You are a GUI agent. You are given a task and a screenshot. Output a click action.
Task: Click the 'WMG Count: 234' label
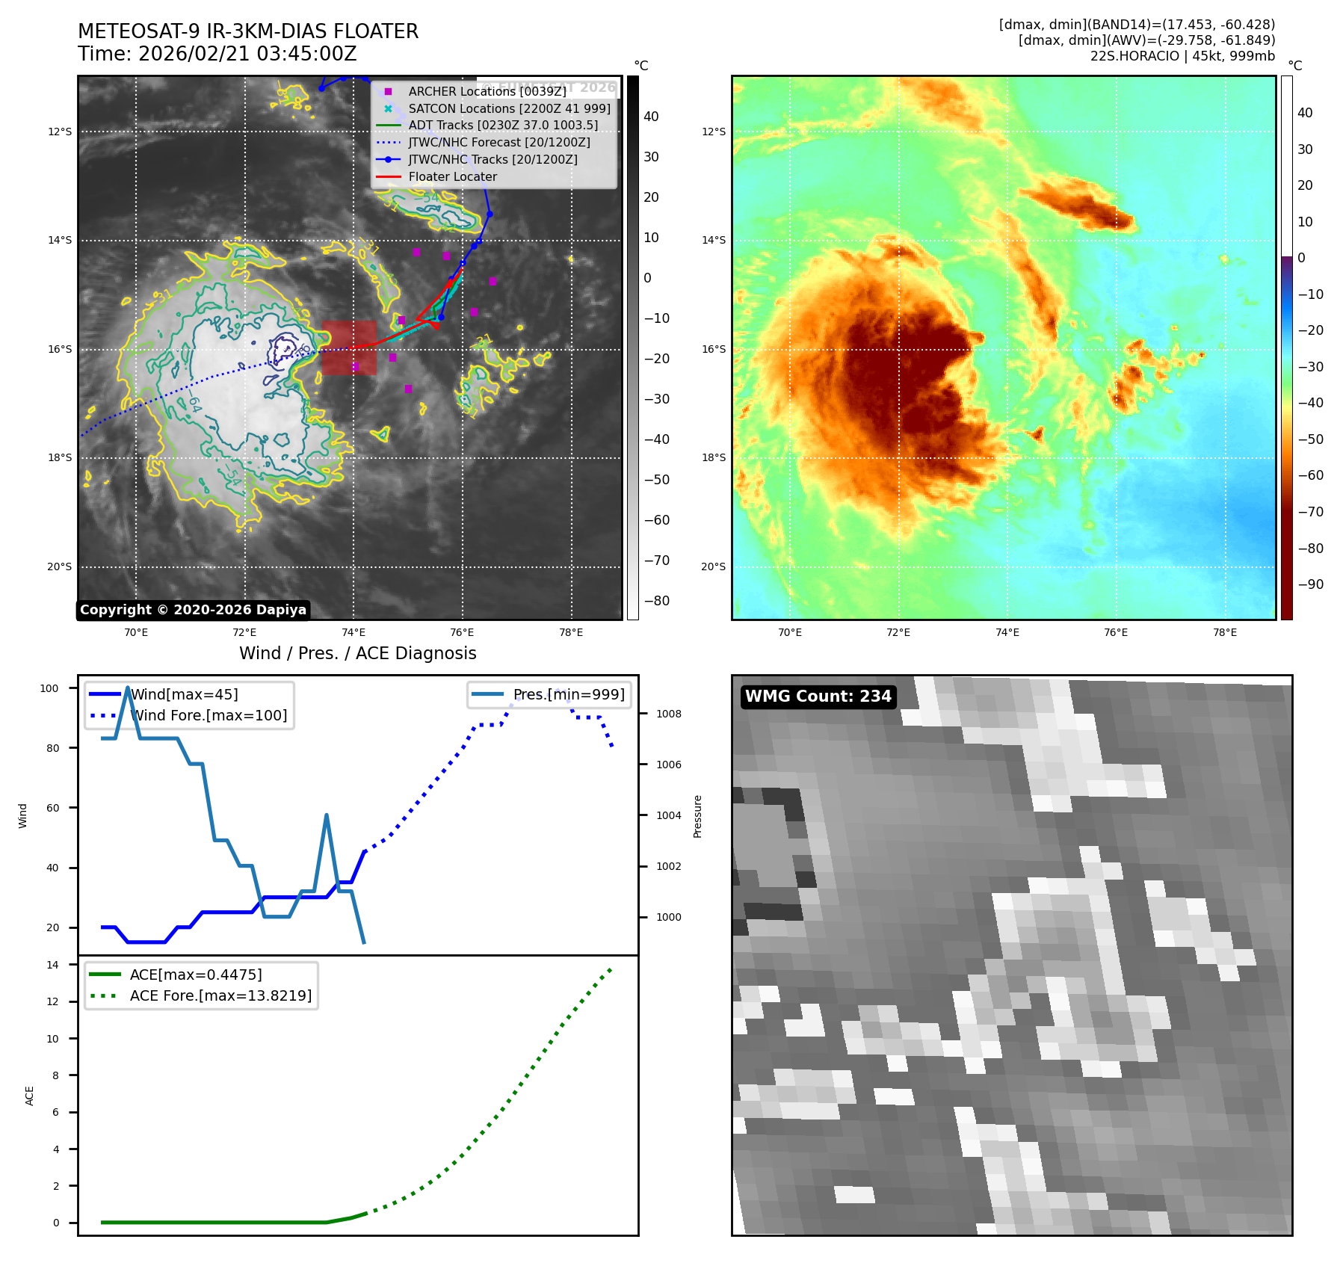pyautogui.click(x=818, y=697)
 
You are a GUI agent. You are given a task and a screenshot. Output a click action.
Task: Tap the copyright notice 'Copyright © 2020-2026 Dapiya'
pyautogui.click(x=193, y=610)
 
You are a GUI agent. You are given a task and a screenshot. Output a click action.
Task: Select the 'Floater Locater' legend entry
pyautogui.click(x=452, y=177)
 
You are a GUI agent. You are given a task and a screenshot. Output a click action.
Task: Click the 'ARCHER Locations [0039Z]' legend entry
pyautogui.click(x=487, y=91)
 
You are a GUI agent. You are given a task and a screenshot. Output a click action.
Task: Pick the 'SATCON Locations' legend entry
pyautogui.click(x=509, y=108)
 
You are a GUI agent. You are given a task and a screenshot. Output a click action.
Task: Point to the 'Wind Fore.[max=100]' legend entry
pyautogui.click(x=209, y=715)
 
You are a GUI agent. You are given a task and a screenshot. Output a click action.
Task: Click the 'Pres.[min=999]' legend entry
pyautogui.click(x=569, y=694)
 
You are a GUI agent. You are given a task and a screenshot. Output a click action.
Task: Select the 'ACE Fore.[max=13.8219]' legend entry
pyautogui.click(x=220, y=995)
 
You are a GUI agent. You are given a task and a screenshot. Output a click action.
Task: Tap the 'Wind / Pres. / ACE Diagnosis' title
pyautogui.click(x=357, y=653)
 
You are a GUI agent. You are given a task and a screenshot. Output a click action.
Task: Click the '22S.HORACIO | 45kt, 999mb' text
pyautogui.click(x=1182, y=56)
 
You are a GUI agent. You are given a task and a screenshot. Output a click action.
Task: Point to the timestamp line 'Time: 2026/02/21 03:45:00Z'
pyautogui.click(x=217, y=55)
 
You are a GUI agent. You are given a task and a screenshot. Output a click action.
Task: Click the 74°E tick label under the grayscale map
pyautogui.click(x=353, y=633)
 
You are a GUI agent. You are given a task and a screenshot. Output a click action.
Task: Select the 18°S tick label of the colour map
pyautogui.click(x=713, y=457)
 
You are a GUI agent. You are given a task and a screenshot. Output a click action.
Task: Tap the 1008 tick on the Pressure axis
pyautogui.click(x=668, y=714)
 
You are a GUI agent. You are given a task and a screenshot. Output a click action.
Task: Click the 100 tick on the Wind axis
pyautogui.click(x=49, y=688)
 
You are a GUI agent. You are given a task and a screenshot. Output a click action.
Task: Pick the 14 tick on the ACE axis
pyautogui.click(x=52, y=965)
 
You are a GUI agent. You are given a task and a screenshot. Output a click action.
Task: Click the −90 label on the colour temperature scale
pyautogui.click(x=1310, y=584)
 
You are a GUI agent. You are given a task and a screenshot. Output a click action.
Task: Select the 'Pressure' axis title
pyautogui.click(x=697, y=816)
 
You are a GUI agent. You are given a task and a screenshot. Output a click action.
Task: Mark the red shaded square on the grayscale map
pyautogui.click(x=349, y=348)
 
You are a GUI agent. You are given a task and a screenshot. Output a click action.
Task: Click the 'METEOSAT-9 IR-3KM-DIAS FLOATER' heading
pyautogui.click(x=248, y=31)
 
